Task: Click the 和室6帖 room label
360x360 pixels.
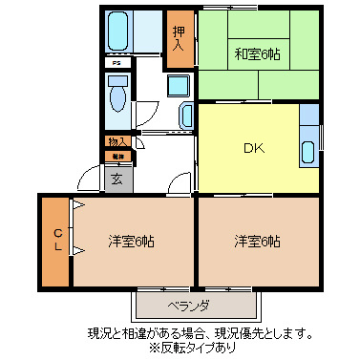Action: pos(258,53)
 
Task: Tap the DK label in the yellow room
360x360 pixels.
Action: pos(252,148)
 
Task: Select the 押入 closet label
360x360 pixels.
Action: pos(178,39)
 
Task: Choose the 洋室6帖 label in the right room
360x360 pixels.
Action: pos(257,241)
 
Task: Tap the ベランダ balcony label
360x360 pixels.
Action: pos(189,306)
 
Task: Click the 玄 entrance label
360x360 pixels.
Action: pos(116,178)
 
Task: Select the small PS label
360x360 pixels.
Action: pos(116,63)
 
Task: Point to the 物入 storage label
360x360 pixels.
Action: pos(116,141)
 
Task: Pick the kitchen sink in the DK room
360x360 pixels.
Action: pos(307,151)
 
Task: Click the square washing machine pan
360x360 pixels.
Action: pos(180,86)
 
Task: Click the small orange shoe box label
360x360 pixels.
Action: pos(116,155)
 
